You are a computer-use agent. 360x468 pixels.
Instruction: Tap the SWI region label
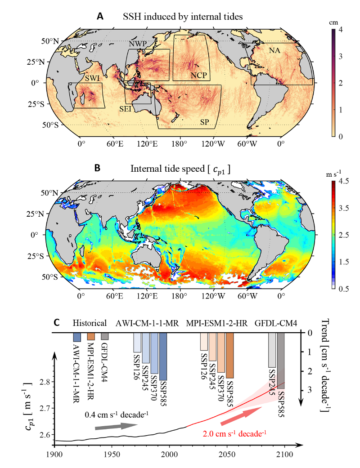[x=92, y=78]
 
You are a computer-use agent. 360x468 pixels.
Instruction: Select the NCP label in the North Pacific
[x=198, y=75]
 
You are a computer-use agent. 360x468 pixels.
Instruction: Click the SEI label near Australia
[x=126, y=108]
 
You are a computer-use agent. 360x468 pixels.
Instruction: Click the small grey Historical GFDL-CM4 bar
[x=105, y=336]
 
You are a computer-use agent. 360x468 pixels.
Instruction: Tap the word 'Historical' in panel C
[x=90, y=323]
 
